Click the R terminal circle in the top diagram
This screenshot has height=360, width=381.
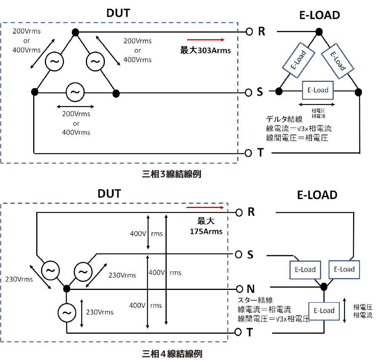(x=249, y=32)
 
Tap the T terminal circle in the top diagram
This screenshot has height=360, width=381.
(x=248, y=153)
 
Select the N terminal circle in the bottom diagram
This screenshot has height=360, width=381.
(x=239, y=288)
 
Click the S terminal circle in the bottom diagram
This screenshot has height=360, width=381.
(x=239, y=254)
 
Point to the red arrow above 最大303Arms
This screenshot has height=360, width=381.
(x=206, y=40)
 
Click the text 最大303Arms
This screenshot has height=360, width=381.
(x=206, y=50)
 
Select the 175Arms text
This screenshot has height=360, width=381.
(x=206, y=231)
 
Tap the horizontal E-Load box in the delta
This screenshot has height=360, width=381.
(x=318, y=91)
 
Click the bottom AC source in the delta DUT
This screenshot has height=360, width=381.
(x=75, y=92)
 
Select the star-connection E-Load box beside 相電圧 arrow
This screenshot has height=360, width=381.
(x=324, y=311)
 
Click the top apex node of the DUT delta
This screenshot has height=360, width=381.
(x=76, y=32)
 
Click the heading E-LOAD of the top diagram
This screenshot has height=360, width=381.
(x=318, y=15)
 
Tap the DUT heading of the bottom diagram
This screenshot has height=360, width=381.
(x=109, y=194)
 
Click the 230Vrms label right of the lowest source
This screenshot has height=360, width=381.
(x=100, y=312)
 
